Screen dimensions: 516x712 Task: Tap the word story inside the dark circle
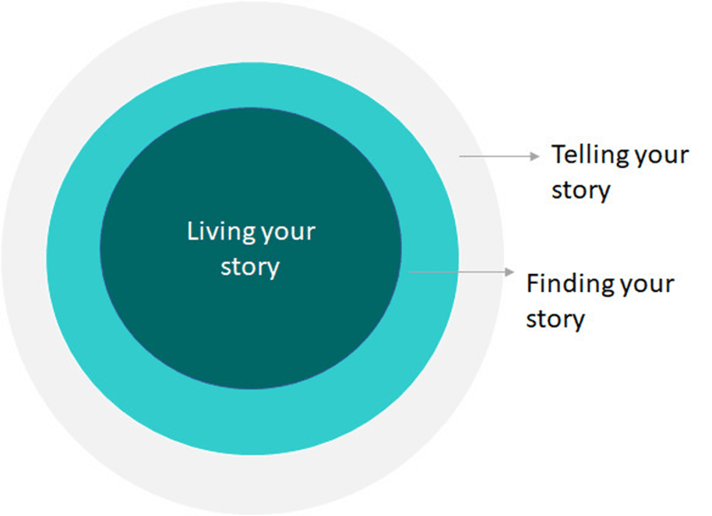[249, 268]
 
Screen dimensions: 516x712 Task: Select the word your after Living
[289, 232]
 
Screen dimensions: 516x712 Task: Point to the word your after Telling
[661, 155]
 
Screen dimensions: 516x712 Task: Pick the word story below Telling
[580, 190]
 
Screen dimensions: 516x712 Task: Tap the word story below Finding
[555, 318]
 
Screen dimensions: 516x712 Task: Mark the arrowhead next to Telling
[535, 156]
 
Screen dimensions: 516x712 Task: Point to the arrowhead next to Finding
[510, 272]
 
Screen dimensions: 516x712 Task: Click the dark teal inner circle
[249, 327]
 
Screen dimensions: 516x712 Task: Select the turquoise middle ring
[249, 420]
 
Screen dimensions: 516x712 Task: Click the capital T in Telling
[559, 155]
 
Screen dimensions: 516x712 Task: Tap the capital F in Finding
[533, 283]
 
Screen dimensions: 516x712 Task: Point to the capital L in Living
[192, 232]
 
